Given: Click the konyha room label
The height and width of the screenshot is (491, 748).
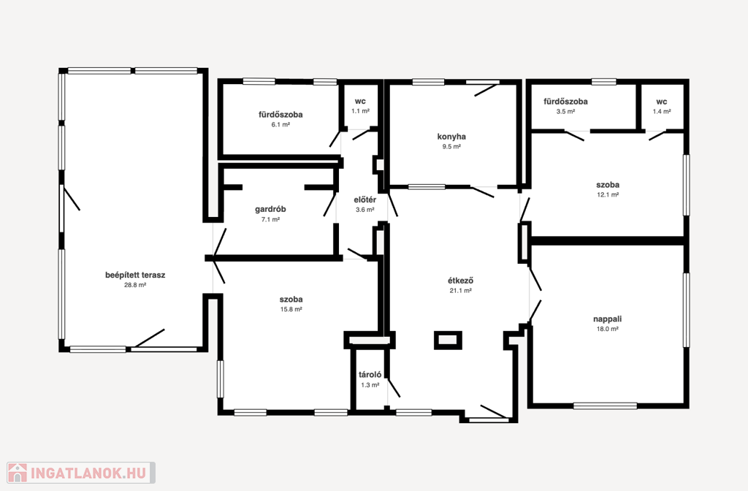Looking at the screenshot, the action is coord(451,137).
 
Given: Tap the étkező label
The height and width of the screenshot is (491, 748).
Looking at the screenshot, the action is coord(460,281).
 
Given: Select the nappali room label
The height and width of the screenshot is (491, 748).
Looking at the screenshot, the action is coord(607,319).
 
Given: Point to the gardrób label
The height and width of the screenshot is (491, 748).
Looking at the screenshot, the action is coord(270,210).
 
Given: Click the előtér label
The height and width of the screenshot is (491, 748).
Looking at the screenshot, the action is coord(365,200).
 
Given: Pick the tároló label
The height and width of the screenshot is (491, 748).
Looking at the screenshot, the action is coord(370,375).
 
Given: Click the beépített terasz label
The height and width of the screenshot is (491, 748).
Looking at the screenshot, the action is coord(135,275).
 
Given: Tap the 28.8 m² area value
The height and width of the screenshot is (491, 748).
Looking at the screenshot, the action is coord(135,286).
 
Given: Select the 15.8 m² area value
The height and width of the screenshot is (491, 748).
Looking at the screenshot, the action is coord(291,309).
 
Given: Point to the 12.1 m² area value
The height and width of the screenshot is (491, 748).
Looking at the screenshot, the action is coord(608,194).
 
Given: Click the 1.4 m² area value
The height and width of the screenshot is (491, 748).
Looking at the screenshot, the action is coord(662,111).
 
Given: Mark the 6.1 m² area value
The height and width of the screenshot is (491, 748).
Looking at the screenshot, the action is coord(280,124).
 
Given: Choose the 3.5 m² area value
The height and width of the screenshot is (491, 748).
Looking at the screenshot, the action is coord(565,111).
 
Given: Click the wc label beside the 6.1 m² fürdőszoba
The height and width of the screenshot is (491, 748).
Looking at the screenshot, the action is coord(360,101).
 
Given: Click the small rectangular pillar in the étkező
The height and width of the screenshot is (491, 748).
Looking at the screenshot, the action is coord(448,340).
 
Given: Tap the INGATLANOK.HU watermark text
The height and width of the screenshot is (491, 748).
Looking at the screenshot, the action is coord(88,473).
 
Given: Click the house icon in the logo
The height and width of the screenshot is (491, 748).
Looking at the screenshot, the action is coord(18,473).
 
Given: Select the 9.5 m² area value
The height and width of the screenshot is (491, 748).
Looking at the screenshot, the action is coord(451,147).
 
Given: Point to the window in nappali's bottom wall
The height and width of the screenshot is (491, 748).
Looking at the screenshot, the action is coord(605,406).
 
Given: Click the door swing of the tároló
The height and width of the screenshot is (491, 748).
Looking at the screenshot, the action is coord(394,388).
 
